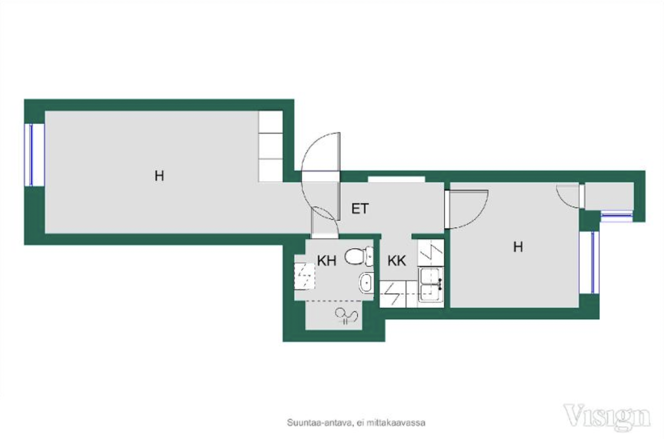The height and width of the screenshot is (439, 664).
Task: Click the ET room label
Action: (x=360, y=209)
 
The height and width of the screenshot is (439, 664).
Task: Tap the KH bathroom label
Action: (x=327, y=261)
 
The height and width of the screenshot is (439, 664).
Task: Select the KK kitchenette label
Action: (x=397, y=261)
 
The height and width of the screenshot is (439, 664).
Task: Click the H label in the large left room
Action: (x=159, y=176)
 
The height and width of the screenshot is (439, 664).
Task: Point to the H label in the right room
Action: (x=518, y=247)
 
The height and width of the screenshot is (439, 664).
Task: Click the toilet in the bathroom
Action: (x=359, y=256)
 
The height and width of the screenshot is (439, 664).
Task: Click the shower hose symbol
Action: (x=347, y=316)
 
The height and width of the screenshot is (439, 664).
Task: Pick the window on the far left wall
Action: (x=34, y=155)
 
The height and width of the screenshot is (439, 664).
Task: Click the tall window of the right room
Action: (x=589, y=262)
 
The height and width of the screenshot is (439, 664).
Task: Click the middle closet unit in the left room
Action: (x=271, y=146)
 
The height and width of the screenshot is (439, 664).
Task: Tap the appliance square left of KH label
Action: (x=304, y=276)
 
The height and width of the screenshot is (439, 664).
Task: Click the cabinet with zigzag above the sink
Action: (x=431, y=253)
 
